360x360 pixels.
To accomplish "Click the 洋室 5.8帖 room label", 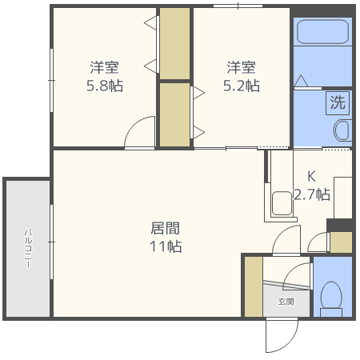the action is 105,76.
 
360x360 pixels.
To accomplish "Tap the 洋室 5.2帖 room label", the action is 242,76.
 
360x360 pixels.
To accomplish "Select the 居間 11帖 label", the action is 166,237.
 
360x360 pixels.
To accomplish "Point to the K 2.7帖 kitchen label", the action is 312,186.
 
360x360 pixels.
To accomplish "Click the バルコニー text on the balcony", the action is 28,248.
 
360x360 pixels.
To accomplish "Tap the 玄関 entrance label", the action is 286,302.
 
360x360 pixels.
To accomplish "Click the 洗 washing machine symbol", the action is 338,103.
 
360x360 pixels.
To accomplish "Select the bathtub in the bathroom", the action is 322,32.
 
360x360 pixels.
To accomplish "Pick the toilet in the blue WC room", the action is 331,298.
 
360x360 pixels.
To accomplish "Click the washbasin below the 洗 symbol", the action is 342,130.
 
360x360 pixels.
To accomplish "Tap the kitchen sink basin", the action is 282,203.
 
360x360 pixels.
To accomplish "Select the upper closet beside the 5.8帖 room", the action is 174,43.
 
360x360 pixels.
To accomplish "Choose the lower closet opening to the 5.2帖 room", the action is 174,114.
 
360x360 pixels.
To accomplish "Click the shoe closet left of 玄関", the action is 254,286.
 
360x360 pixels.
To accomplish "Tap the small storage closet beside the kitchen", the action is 341,242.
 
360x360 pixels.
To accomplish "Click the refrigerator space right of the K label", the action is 343,198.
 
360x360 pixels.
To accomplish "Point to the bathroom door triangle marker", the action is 301,81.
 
